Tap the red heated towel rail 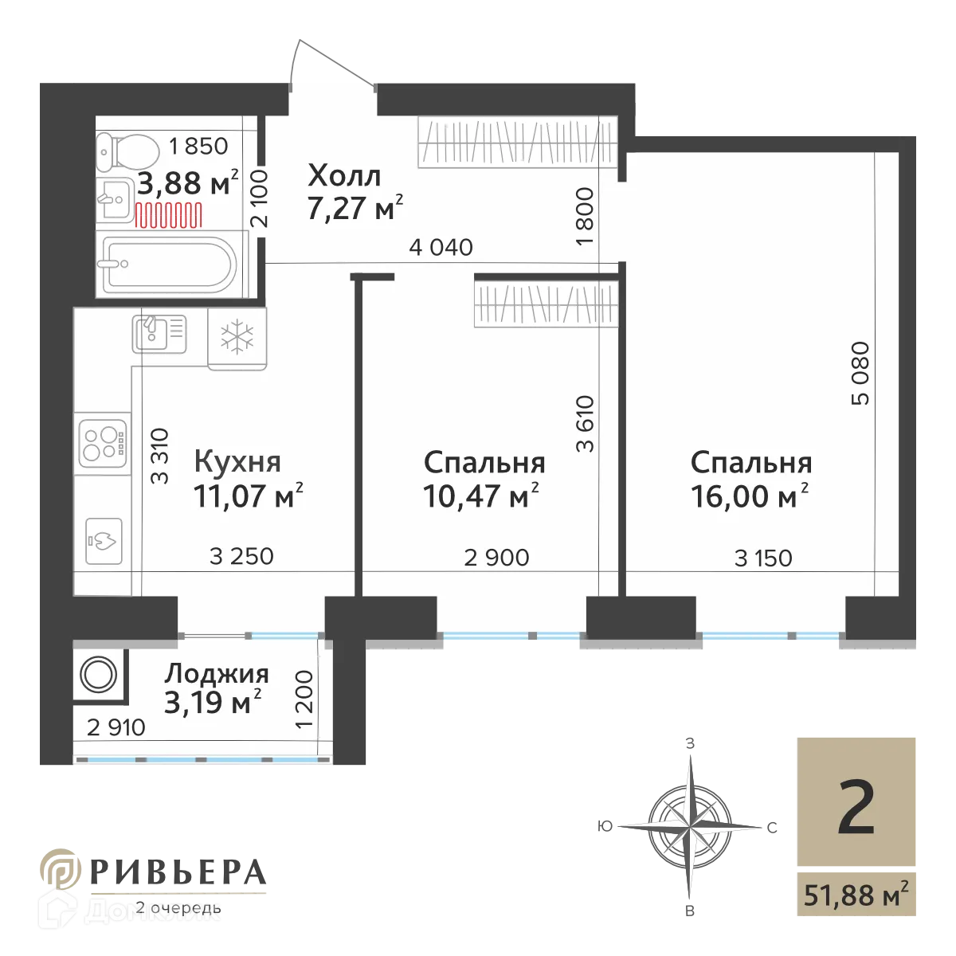[168, 214]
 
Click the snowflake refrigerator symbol [237, 337]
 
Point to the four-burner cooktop [102, 444]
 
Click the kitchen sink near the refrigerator [159, 331]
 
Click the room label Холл [344, 175]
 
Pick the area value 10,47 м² [481, 496]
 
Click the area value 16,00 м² [750, 496]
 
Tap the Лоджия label [217, 674]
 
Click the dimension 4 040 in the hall [441, 248]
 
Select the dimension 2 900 [496, 558]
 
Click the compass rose [684, 821]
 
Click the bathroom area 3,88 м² [188, 184]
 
